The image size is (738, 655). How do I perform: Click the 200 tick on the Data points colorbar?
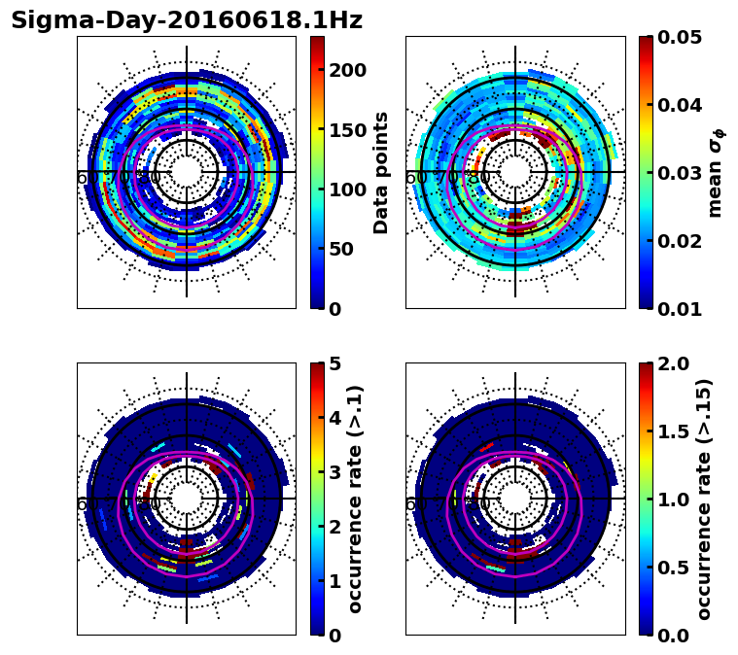(347, 70)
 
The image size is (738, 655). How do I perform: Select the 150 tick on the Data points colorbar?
(347, 130)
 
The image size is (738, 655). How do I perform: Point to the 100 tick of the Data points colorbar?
(347, 190)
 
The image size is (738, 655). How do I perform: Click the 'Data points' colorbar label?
(381, 172)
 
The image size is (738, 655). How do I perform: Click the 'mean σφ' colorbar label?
(716, 172)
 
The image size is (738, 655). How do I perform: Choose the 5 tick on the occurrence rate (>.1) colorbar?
(334, 363)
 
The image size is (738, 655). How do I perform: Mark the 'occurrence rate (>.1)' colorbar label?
(356, 499)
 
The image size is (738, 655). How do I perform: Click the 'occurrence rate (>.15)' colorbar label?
(705, 499)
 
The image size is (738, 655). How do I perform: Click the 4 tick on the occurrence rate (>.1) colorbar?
(334, 418)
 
